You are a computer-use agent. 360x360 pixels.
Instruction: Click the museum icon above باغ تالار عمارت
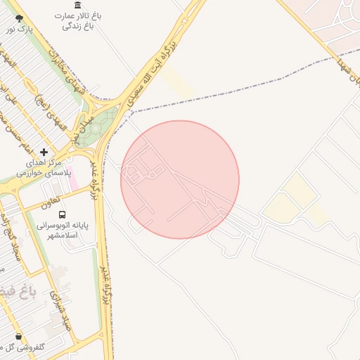click(x=77, y=5)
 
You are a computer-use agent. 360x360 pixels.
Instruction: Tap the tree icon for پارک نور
click(x=18, y=19)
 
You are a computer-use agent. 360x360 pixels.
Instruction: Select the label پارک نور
click(x=20, y=30)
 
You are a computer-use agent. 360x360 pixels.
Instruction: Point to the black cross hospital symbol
click(x=44, y=152)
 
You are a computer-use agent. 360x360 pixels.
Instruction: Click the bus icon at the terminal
click(x=63, y=214)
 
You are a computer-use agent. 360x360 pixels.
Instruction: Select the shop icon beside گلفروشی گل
click(x=18, y=337)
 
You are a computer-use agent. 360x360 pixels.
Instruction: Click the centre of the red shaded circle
click(x=180, y=180)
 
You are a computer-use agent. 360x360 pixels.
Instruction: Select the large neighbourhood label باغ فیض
click(x=25, y=289)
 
